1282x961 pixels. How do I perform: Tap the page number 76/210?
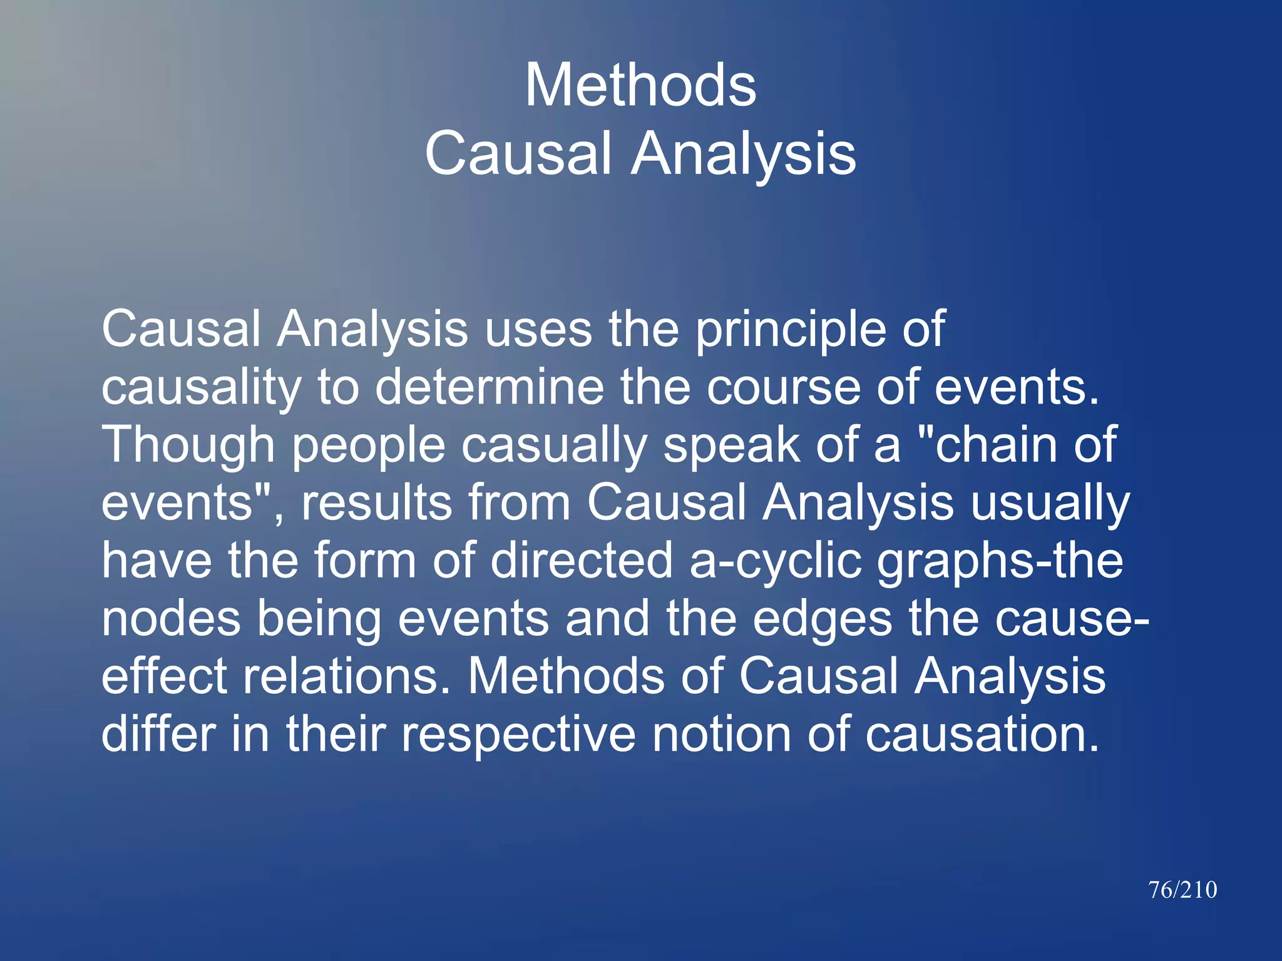pyautogui.click(x=1182, y=890)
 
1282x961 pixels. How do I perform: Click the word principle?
pyautogui.click(x=790, y=330)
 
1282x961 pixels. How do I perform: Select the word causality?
pyautogui.click(x=201, y=388)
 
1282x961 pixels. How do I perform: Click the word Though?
pyautogui.click(x=188, y=445)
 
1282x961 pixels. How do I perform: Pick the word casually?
pyautogui.click(x=554, y=445)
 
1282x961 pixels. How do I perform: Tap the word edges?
pyautogui.click(x=822, y=619)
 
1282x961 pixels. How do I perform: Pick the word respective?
pyautogui.click(x=518, y=735)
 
